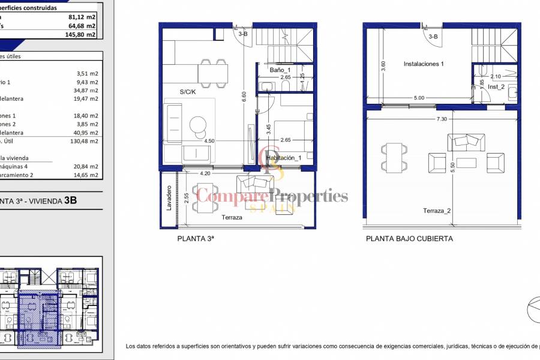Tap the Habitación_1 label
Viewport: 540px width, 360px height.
tap(283, 158)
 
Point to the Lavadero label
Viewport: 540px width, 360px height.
tap(169, 197)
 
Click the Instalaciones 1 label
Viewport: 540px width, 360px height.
tap(424, 64)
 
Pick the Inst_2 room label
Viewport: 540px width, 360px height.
tap(496, 86)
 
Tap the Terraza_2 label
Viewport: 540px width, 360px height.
tap(436, 211)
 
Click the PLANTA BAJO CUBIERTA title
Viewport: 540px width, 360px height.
tap(409, 238)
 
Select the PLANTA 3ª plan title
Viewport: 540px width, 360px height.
tap(196, 238)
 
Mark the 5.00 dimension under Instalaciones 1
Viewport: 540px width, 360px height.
tap(418, 98)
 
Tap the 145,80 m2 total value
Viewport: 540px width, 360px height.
tap(82, 35)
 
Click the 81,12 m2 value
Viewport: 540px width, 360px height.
tap(82, 17)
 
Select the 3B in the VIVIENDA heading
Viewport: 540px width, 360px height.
tap(70, 201)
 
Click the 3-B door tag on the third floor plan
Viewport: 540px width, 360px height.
tap(243, 34)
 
